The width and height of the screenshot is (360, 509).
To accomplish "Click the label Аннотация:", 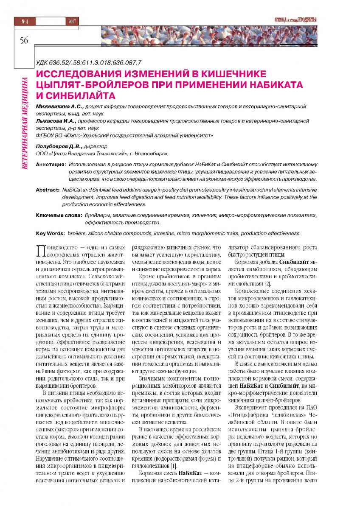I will pyautogui.click(x=51, y=164).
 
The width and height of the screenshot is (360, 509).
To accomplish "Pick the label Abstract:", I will pyautogui.click(x=48, y=188).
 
